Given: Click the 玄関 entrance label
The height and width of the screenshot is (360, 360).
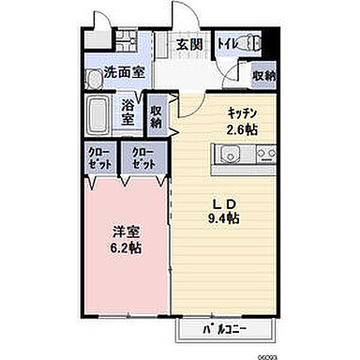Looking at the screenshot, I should (x=188, y=44).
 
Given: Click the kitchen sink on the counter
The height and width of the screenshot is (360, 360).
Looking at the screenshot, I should (x=230, y=152).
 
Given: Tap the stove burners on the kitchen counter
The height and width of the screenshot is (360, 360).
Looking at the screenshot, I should (x=260, y=152).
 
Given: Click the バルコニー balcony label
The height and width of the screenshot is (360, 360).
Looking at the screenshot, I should (x=226, y=330).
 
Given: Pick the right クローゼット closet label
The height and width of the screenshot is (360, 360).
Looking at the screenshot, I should (x=143, y=157).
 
